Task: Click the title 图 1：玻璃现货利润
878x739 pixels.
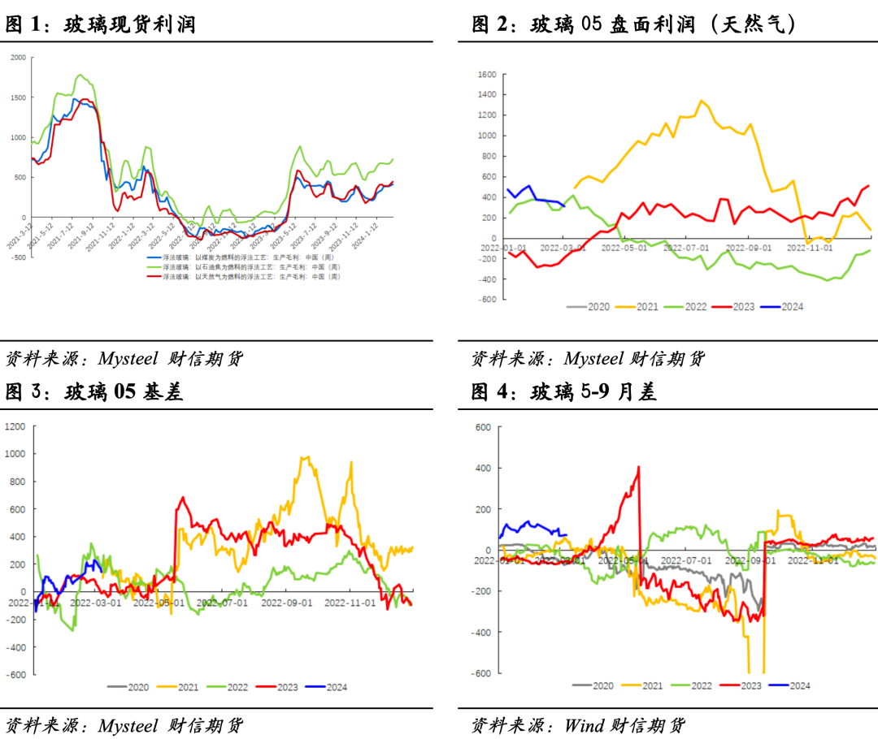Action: pos(101,25)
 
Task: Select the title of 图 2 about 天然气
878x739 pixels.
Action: pos(634,25)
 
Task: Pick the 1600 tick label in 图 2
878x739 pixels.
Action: pos(486,75)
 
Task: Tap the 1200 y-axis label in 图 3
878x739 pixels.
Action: pos(15,426)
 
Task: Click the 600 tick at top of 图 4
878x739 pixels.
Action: pos(484,427)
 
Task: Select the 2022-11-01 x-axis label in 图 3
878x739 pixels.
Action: pos(350,603)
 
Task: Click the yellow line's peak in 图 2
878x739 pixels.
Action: pos(701,101)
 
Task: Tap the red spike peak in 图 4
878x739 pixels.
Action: pos(639,466)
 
